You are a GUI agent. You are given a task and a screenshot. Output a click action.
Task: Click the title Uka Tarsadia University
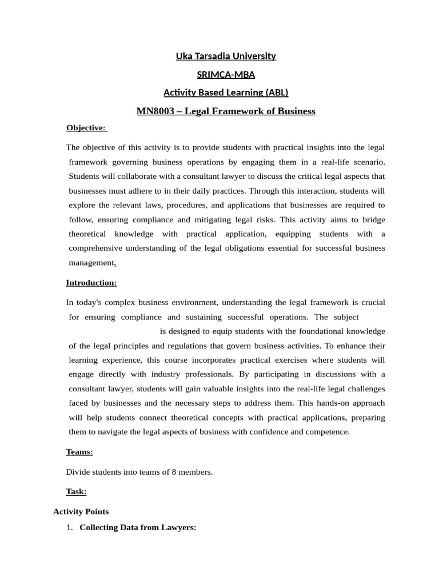pyautogui.click(x=225, y=56)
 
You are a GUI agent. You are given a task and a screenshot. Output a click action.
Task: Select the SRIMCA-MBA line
pyautogui.click(x=225, y=74)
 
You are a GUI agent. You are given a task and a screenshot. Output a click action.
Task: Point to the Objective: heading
pyautogui.click(x=86, y=127)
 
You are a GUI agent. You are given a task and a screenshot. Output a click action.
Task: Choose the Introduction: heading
pyautogui.click(x=91, y=282)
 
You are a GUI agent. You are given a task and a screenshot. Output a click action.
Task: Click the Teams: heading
pyautogui.click(x=79, y=452)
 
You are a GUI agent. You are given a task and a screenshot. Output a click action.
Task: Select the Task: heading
pyautogui.click(x=76, y=491)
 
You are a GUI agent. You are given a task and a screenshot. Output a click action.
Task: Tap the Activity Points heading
pyautogui.click(x=81, y=511)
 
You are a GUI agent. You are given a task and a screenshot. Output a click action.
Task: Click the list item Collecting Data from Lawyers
pyautogui.click(x=138, y=528)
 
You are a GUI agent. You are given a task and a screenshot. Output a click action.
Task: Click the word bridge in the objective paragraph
pyautogui.click(x=373, y=219)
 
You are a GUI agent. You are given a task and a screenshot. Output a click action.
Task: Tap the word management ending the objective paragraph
pyautogui.click(x=91, y=262)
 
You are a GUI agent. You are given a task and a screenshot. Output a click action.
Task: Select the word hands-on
pyautogui.click(x=334, y=403)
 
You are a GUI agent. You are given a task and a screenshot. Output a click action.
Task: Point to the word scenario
pyautogui.click(x=365, y=162)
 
